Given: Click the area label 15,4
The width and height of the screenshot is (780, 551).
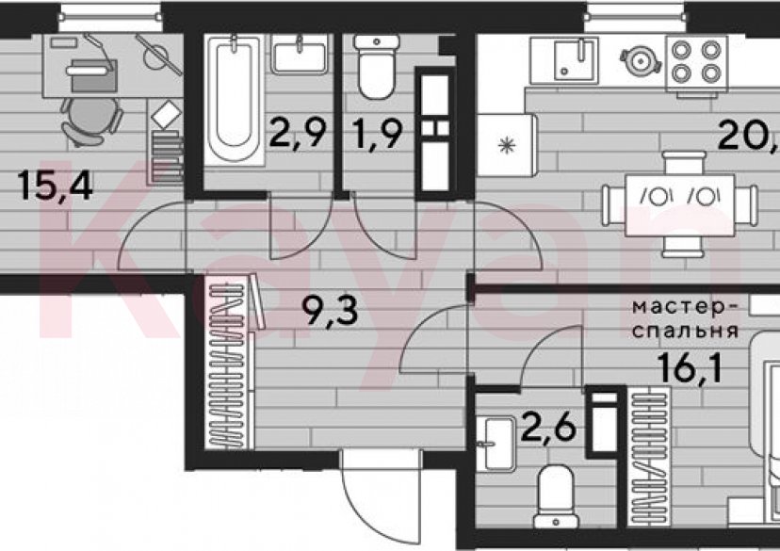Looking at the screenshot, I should pyautogui.click(x=56, y=186).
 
